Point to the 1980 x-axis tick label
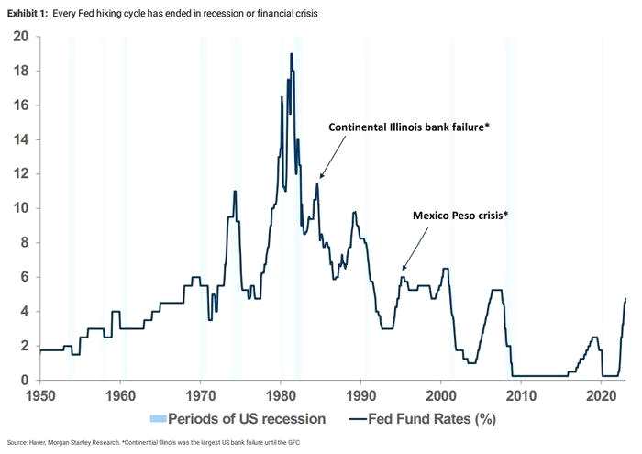(281, 396)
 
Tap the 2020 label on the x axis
(601, 396)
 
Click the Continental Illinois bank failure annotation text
(409, 127)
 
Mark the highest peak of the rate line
(292, 54)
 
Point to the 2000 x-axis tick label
(441, 396)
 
